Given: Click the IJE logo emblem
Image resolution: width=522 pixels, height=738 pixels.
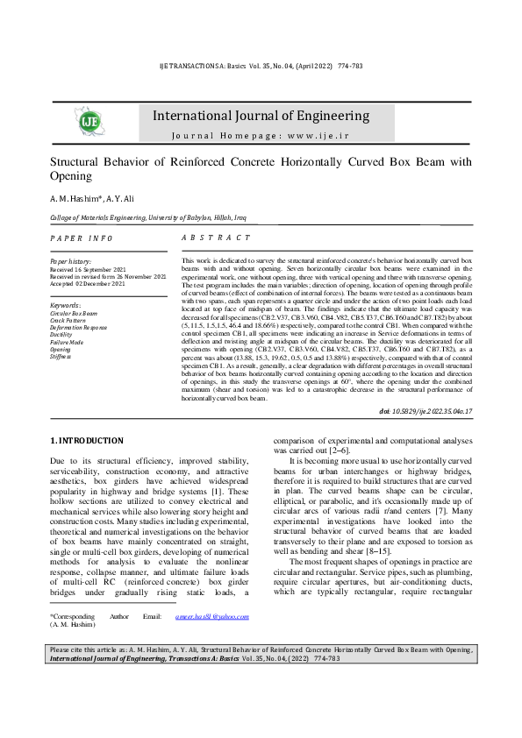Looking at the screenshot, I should pos(90,122).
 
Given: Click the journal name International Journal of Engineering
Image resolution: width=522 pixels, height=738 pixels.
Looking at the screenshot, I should pos(261,116).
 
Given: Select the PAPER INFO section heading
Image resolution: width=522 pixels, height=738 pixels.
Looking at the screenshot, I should pos(82,238).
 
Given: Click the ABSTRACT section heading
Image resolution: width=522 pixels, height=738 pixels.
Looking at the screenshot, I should pos(216,238).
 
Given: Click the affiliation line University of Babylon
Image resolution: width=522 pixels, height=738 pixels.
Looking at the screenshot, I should pos(175,217).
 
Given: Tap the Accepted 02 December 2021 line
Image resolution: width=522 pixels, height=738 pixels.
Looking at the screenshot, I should pos(88,284).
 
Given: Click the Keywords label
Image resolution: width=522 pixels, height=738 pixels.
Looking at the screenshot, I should pos(66,304).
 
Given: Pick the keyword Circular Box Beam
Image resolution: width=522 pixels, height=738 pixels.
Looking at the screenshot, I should pos(74,313).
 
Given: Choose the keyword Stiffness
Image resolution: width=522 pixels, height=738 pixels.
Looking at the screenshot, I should pos(61,357).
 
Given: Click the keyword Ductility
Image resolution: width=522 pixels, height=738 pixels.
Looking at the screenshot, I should pos(61,335).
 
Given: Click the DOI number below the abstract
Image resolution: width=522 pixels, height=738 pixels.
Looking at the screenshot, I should pos(425,411).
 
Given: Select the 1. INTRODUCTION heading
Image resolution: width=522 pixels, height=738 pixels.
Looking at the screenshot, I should pos(86,440).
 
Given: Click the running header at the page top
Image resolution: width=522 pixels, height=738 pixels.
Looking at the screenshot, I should pos(261,67).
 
